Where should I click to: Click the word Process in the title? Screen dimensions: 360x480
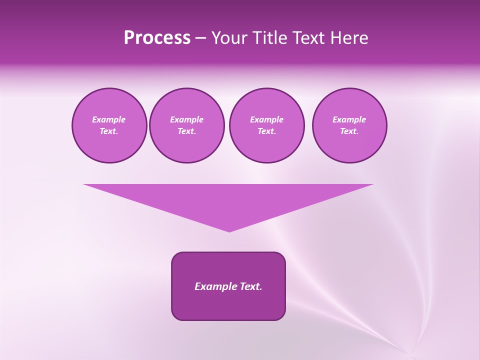coord(157,38)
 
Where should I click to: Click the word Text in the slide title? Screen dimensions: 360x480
coord(309,38)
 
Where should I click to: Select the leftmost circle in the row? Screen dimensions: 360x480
coord(109,125)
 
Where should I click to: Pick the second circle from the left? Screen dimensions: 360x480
coord(186,125)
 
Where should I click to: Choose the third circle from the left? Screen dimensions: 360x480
coord(266,125)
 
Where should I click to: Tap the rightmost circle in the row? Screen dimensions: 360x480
coord(349,125)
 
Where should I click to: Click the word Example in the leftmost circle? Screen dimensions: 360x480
coord(109,119)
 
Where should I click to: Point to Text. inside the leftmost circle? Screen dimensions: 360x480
coord(109,131)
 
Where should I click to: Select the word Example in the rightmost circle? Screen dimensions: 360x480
coord(349,119)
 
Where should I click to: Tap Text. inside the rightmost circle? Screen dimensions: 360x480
coord(349,131)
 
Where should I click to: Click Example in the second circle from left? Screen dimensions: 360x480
coord(186,119)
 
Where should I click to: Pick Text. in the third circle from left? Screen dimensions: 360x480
coord(266,131)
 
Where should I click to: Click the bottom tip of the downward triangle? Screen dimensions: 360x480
coord(229,230)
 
